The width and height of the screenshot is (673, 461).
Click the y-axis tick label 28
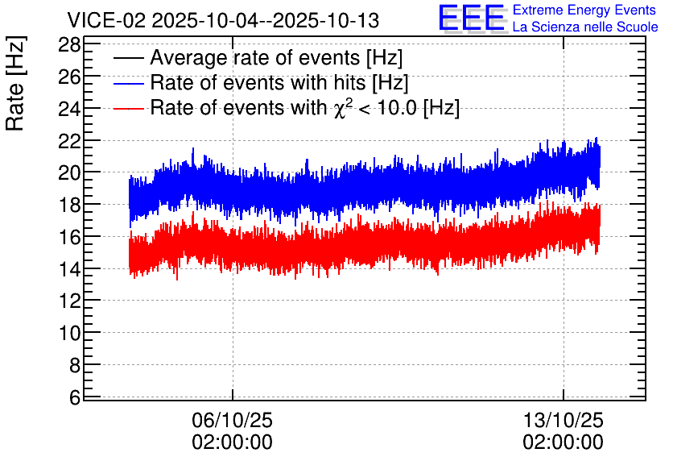point(69,44)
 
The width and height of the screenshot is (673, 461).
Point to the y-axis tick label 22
point(69,141)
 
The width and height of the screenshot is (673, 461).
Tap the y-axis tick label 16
point(69,237)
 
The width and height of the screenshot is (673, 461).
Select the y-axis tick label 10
point(69,334)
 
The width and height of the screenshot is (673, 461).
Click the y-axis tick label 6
point(75,398)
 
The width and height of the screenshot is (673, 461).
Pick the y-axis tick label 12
point(69,301)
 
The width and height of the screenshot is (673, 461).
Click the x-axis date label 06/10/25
point(232,420)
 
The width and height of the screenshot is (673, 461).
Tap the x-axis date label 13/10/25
point(564,420)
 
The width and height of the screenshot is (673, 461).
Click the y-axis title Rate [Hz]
point(15,83)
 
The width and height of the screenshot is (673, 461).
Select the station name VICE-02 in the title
point(106,20)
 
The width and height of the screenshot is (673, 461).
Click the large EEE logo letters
point(472,19)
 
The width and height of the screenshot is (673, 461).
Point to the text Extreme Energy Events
point(584,10)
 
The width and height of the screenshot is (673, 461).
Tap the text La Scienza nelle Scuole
point(585,27)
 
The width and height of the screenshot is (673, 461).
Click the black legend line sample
point(128,58)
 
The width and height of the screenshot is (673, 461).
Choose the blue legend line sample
point(128,83)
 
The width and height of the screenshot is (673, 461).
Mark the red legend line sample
point(128,108)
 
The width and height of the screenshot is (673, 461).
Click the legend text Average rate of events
point(255,58)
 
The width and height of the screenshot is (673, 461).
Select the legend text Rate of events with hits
point(258,82)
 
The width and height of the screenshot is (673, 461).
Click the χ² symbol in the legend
point(342,107)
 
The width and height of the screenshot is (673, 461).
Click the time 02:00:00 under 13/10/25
point(564,442)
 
